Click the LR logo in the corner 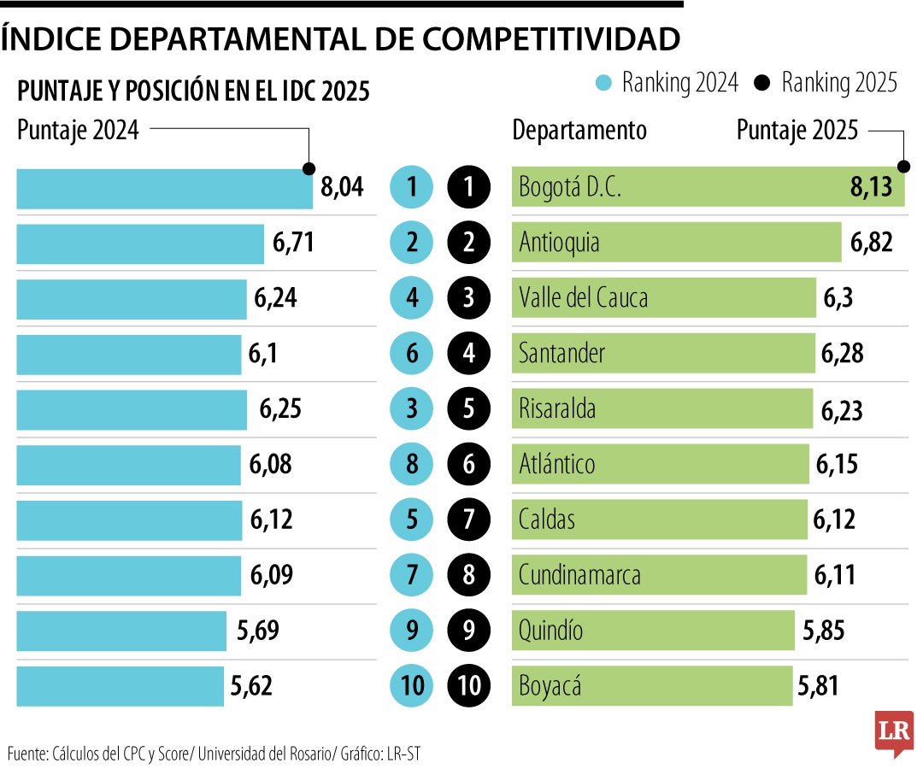pos(893,733)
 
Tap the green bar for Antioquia pos(675,243)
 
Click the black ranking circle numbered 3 pos(468,298)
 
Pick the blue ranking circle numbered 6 pos(412,354)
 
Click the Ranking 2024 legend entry pos(667,83)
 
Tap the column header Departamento pos(579,131)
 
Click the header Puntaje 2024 pos(78,131)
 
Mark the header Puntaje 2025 pos(797,131)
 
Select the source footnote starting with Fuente pos(214,753)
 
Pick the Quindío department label pos(551,631)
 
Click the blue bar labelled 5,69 pos(121,631)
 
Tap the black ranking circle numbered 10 pos(468,686)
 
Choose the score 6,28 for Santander pos(842,354)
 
